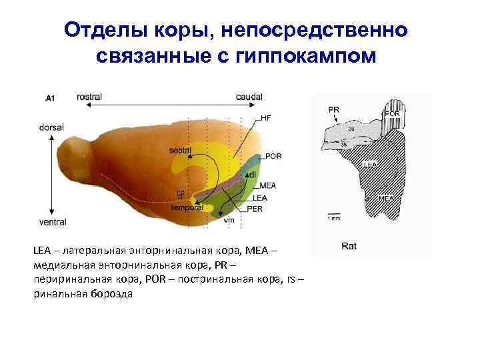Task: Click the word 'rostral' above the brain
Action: [x=89, y=97]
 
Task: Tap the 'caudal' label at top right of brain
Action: [x=249, y=97]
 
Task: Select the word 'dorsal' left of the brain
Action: [x=51, y=127]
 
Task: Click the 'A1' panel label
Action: [x=50, y=99]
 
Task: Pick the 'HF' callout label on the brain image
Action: [x=266, y=118]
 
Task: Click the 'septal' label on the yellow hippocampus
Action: [x=180, y=150]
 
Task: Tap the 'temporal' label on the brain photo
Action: [x=187, y=207]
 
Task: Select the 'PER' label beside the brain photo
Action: [x=254, y=209]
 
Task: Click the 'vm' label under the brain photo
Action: [x=229, y=219]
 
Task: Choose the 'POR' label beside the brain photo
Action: [x=273, y=156]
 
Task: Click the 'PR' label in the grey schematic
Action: [x=334, y=109]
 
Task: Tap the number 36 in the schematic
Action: [x=351, y=128]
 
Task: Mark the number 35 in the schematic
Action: [x=344, y=144]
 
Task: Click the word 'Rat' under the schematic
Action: [x=348, y=246]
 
